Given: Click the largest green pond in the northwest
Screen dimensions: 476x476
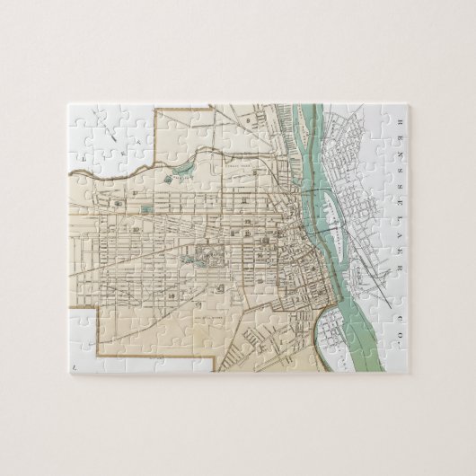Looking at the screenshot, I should click(x=185, y=169).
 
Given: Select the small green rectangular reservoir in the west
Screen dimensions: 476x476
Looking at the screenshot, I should click(x=145, y=210).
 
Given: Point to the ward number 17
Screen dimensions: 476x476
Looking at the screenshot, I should click(x=134, y=192).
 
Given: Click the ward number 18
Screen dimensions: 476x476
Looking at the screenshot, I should click(x=118, y=203).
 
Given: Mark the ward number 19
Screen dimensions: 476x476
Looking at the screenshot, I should click(x=135, y=230).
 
